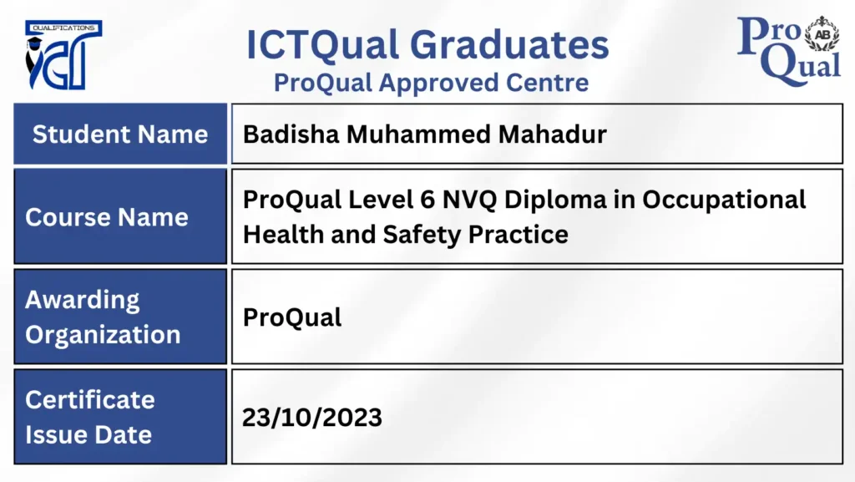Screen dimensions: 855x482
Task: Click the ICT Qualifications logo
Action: (63, 54)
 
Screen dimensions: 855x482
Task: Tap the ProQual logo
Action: (788, 51)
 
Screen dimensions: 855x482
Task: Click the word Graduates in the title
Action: (509, 45)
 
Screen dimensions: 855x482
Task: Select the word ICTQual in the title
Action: (322, 45)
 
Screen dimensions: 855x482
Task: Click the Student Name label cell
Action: (120, 134)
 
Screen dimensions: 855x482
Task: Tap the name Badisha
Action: (291, 134)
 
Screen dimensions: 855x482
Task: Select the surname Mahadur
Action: (553, 134)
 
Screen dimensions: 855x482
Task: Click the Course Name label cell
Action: (120, 216)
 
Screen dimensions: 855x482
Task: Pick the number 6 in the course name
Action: (427, 200)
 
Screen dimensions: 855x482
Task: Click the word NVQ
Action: (469, 200)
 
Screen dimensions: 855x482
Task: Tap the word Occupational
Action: (724, 200)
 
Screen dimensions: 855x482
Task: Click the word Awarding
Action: (83, 301)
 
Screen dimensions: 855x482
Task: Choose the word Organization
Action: (103, 335)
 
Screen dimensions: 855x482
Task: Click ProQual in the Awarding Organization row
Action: (292, 317)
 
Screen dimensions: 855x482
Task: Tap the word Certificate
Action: (90, 399)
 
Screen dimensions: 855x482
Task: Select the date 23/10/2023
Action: (312, 418)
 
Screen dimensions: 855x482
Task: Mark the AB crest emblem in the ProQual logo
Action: (822, 33)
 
